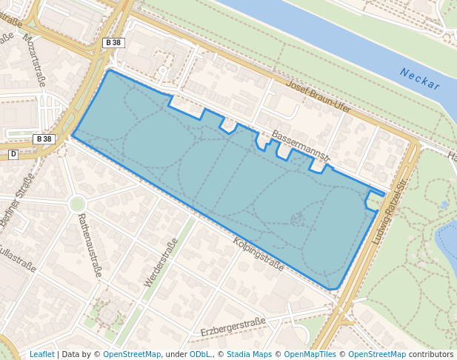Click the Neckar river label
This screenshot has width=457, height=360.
[x=419, y=79]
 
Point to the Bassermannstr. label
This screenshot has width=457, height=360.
[x=301, y=147]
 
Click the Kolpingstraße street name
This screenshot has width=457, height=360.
[x=258, y=253]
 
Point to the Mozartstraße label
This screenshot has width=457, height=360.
[x=34, y=59]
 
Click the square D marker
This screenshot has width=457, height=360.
[x=13, y=154]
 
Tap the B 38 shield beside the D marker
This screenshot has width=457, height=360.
[x=44, y=139]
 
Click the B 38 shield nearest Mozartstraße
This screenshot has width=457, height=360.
[x=113, y=43]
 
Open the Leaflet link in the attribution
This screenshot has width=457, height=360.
[x=41, y=354]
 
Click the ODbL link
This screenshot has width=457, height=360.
[x=200, y=354]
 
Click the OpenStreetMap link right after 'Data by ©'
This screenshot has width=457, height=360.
[x=132, y=354]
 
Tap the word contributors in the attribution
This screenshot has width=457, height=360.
[x=431, y=354]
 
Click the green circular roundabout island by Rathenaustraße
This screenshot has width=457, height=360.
[x=77, y=204]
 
